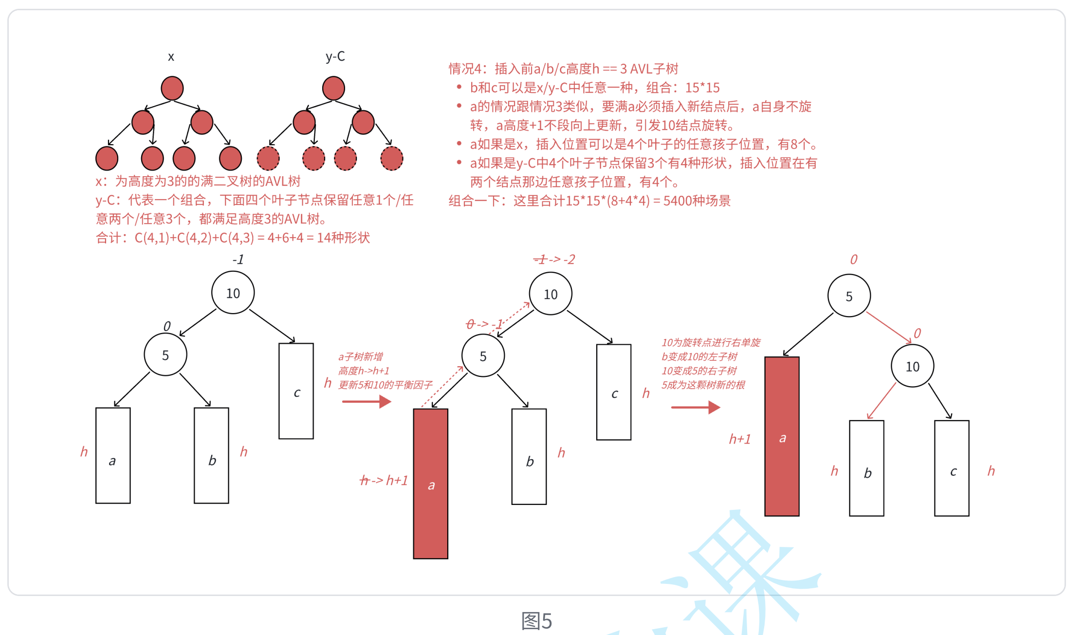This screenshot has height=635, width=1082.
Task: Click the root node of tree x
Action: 172,89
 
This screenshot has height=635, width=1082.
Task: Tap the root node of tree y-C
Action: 333,89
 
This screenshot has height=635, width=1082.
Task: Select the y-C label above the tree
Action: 335,57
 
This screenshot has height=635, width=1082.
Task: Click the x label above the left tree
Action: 171,57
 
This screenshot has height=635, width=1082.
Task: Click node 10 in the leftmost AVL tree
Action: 233,293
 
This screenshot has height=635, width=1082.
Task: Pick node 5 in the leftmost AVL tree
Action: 165,355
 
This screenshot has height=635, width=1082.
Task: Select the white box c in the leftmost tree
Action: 296,391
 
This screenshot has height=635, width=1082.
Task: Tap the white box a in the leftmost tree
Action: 113,455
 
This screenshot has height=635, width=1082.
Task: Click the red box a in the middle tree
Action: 431,484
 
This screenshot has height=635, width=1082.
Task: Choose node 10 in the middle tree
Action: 550,294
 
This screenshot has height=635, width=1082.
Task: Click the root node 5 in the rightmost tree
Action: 849,296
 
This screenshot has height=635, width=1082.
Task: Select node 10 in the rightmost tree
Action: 912,366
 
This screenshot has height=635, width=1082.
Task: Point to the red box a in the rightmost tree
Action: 782,436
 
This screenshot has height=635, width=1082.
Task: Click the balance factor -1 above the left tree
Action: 238,260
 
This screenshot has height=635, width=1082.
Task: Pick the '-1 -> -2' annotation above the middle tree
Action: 554,260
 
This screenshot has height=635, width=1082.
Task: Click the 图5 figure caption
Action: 536,621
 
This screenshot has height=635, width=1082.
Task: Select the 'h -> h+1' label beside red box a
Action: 384,481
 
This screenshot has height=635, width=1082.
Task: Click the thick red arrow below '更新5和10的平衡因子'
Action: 367,402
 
